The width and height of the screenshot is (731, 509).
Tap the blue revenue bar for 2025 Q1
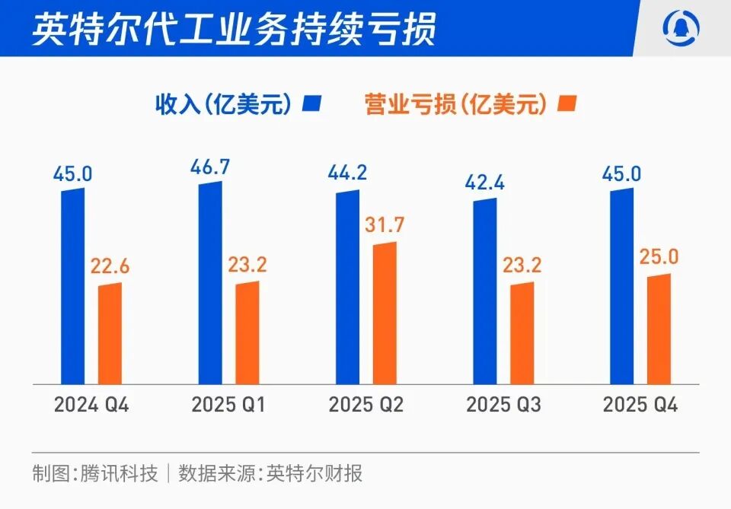tap(210, 283)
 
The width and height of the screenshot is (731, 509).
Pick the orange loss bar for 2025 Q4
tap(659, 329)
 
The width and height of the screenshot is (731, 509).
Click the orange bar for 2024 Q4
tap(110, 333)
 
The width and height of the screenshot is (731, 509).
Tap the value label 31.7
tap(385, 226)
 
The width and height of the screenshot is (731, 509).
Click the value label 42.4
tap(484, 185)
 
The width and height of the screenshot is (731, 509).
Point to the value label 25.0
tap(659, 257)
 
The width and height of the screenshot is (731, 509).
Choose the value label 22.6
tap(110, 266)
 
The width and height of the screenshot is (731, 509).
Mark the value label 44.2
tap(347, 173)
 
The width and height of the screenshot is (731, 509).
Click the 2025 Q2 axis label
tap(366, 405)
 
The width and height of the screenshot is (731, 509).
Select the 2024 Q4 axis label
tap(91, 405)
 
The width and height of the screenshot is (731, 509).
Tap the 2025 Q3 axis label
tap(503, 405)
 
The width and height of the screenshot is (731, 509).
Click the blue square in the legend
tap(312, 103)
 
